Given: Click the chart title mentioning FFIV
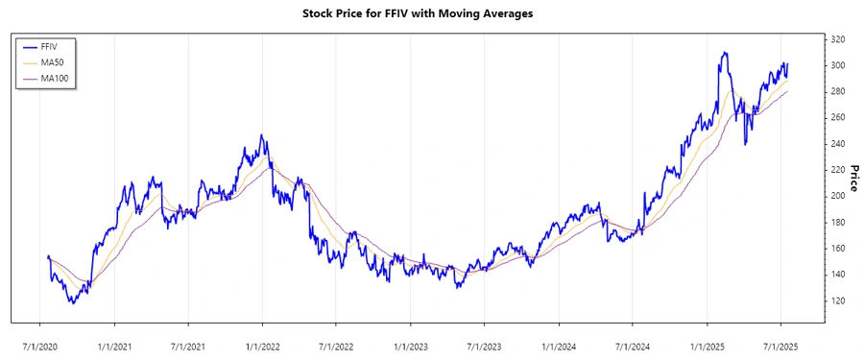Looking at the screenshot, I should coord(431,13).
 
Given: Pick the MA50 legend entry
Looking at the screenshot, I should coord(53,62).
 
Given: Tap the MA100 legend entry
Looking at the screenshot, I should coord(55,79).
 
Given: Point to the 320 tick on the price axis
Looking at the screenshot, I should coord(837,39).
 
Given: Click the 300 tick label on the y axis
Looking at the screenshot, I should coord(837,65).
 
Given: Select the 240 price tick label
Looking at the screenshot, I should coord(837,144).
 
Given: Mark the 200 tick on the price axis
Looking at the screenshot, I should coord(837,196).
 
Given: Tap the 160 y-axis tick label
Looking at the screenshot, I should coord(837,249).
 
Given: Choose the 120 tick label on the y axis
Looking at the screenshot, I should coord(837,300).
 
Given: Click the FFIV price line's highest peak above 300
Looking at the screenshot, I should coord(724,53).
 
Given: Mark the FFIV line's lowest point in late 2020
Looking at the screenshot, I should coord(71,303).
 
